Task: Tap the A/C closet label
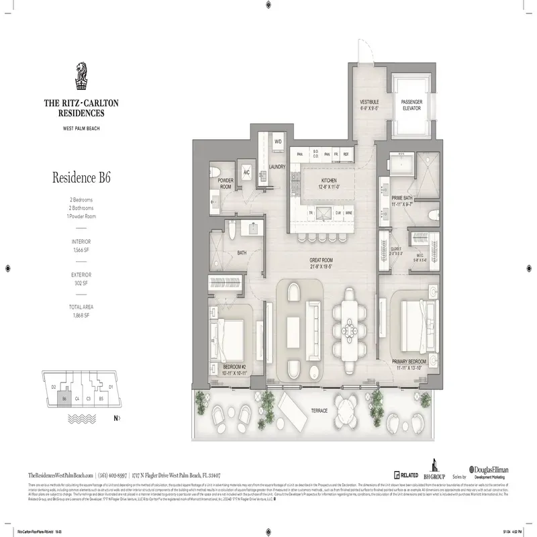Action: tap(246, 171)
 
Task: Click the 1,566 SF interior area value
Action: tap(81, 249)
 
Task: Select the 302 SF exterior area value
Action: tap(81, 283)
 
